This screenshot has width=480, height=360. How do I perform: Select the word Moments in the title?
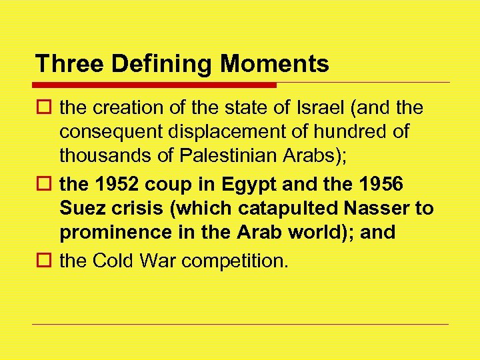pyautogui.click(x=275, y=64)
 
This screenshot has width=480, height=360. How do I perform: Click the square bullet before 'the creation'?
pyautogui.click(x=45, y=107)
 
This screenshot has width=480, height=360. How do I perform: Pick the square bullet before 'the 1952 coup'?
pyautogui.click(x=45, y=183)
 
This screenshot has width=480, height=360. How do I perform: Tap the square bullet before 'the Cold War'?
pyautogui.click(x=45, y=261)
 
